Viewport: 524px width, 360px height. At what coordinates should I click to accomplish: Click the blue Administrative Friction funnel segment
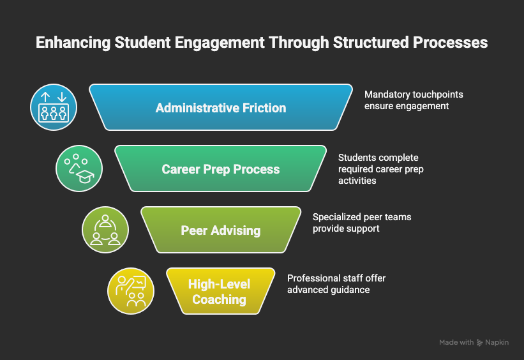tap(221, 107)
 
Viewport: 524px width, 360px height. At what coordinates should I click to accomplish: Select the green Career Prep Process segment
tap(221, 169)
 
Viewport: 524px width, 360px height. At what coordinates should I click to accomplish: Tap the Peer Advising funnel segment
tap(221, 230)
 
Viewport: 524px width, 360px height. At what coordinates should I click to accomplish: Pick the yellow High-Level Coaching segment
tap(220, 291)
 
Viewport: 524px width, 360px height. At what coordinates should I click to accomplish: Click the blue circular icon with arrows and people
tap(54, 107)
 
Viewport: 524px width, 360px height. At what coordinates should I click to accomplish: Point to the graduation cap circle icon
tap(79, 169)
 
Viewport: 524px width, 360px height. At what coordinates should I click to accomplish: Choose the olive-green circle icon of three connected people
tap(105, 230)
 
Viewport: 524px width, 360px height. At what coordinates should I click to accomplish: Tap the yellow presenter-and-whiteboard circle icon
tap(131, 291)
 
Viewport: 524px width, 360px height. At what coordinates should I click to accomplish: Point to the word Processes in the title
tap(451, 43)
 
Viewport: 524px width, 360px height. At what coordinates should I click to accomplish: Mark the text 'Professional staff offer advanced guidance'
tap(336, 284)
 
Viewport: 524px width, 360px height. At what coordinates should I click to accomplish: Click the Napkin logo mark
tap(480, 343)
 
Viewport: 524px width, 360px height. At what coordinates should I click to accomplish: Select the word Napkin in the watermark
tap(497, 343)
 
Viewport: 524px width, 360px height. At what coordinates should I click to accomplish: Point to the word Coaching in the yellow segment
tap(220, 299)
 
